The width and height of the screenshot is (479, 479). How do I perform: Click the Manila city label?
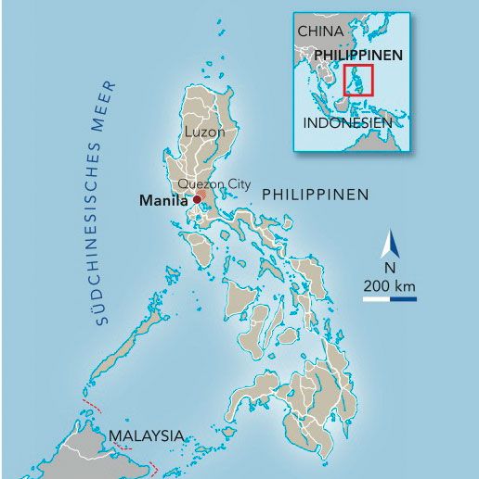coord(162,200)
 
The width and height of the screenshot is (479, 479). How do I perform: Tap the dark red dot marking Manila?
coord(196,199)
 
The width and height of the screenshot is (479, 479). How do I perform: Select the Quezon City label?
coord(214,184)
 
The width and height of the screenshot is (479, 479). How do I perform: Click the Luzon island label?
coord(205,132)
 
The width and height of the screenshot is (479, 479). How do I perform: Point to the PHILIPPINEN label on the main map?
coord(316,195)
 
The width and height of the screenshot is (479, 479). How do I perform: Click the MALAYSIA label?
coord(146,435)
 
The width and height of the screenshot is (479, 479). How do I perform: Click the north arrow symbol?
coord(391,246)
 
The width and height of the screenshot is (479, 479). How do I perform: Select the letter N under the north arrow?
coord(390,268)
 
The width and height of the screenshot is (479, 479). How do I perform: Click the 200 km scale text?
coord(390,284)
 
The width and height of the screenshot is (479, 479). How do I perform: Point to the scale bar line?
coord(390,298)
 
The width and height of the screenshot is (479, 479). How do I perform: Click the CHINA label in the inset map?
coord(320,32)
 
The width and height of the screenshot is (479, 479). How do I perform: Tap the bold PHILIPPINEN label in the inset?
coord(358,56)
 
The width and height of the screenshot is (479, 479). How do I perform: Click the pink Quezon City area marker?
coord(201,195)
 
